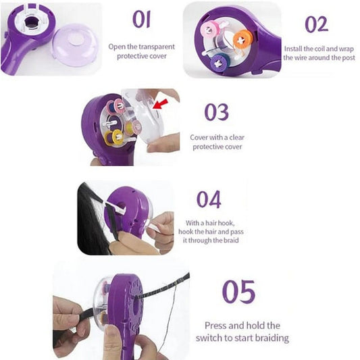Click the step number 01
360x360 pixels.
click(x=141, y=19)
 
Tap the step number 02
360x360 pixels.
click(x=316, y=24)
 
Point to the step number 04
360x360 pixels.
click(x=209, y=199)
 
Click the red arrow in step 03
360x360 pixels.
click(x=161, y=104)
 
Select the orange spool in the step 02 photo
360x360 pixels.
click(x=242, y=40)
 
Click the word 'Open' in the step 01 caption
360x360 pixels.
click(x=118, y=47)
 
